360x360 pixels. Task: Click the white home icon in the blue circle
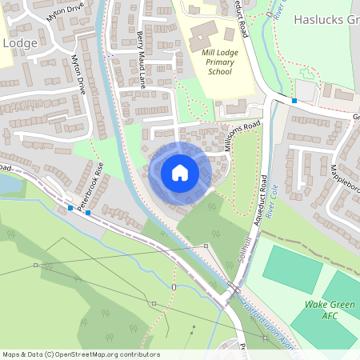tap(180, 172)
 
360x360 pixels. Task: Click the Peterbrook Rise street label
tap(90, 184)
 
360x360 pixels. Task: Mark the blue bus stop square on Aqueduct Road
tap(294, 101)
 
